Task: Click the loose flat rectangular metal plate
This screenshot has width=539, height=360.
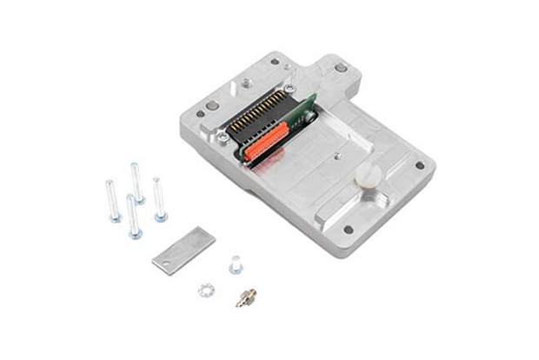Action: [x=182, y=249]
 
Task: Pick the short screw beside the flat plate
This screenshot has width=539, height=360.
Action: [x=236, y=263]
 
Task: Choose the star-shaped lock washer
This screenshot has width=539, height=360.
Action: [x=207, y=288]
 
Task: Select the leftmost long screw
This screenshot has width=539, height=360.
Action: [x=113, y=201]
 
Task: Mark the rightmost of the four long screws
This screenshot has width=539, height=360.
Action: [x=158, y=199]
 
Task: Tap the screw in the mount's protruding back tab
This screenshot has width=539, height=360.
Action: [x=341, y=67]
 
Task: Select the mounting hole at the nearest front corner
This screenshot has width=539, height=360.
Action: [x=347, y=230]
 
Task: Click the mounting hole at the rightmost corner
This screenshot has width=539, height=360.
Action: [x=419, y=165]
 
